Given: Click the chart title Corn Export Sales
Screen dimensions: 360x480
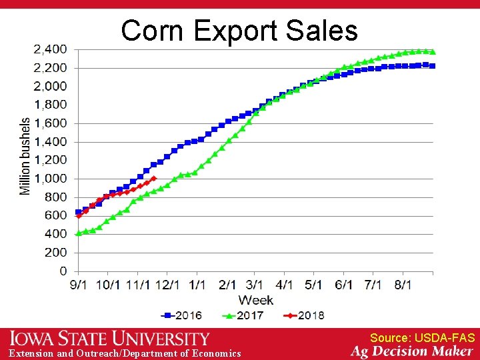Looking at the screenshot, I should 239,31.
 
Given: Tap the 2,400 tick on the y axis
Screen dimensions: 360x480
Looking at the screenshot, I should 50,49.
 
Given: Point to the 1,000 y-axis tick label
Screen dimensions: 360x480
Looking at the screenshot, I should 50,179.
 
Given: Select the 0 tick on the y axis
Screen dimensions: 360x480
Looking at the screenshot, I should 63,271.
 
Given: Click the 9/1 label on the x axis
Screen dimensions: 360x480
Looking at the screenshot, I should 79,285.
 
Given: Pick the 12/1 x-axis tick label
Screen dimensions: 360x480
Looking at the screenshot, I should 167,285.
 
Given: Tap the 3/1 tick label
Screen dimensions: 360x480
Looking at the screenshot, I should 255,285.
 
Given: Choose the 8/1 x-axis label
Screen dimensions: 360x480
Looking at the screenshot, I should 402,285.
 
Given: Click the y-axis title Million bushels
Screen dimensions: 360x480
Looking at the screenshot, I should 25,157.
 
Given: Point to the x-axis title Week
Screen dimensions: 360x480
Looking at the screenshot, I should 255,300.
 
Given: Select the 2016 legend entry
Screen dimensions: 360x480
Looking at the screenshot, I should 182,315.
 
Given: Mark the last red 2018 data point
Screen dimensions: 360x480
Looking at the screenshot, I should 154,178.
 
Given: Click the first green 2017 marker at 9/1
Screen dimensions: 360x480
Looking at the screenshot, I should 79,233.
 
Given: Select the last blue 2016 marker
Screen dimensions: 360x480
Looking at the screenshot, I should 433,65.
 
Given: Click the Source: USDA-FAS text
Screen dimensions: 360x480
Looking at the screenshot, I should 422,339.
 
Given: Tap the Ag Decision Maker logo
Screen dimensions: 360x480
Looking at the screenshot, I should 412,351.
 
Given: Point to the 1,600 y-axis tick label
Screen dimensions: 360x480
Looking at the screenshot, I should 50,123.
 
